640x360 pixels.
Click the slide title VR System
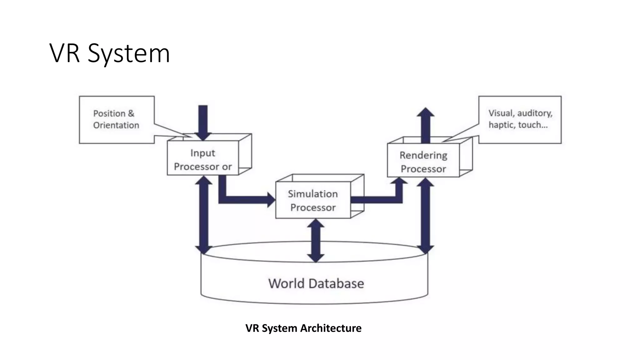109,53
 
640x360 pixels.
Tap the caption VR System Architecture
303,328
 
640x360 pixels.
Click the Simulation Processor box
313,200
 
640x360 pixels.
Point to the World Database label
316,283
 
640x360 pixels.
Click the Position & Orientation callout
116,119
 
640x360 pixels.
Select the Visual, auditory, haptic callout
520,119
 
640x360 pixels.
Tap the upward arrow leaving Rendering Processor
425,125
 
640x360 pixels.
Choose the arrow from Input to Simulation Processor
244,199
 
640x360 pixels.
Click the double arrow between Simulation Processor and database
316,240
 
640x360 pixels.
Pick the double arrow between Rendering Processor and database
425,216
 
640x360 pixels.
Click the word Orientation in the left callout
116,125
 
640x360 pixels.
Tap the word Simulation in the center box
313,194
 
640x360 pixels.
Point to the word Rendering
423,155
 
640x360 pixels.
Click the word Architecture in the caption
331,328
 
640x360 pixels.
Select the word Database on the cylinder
336,283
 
